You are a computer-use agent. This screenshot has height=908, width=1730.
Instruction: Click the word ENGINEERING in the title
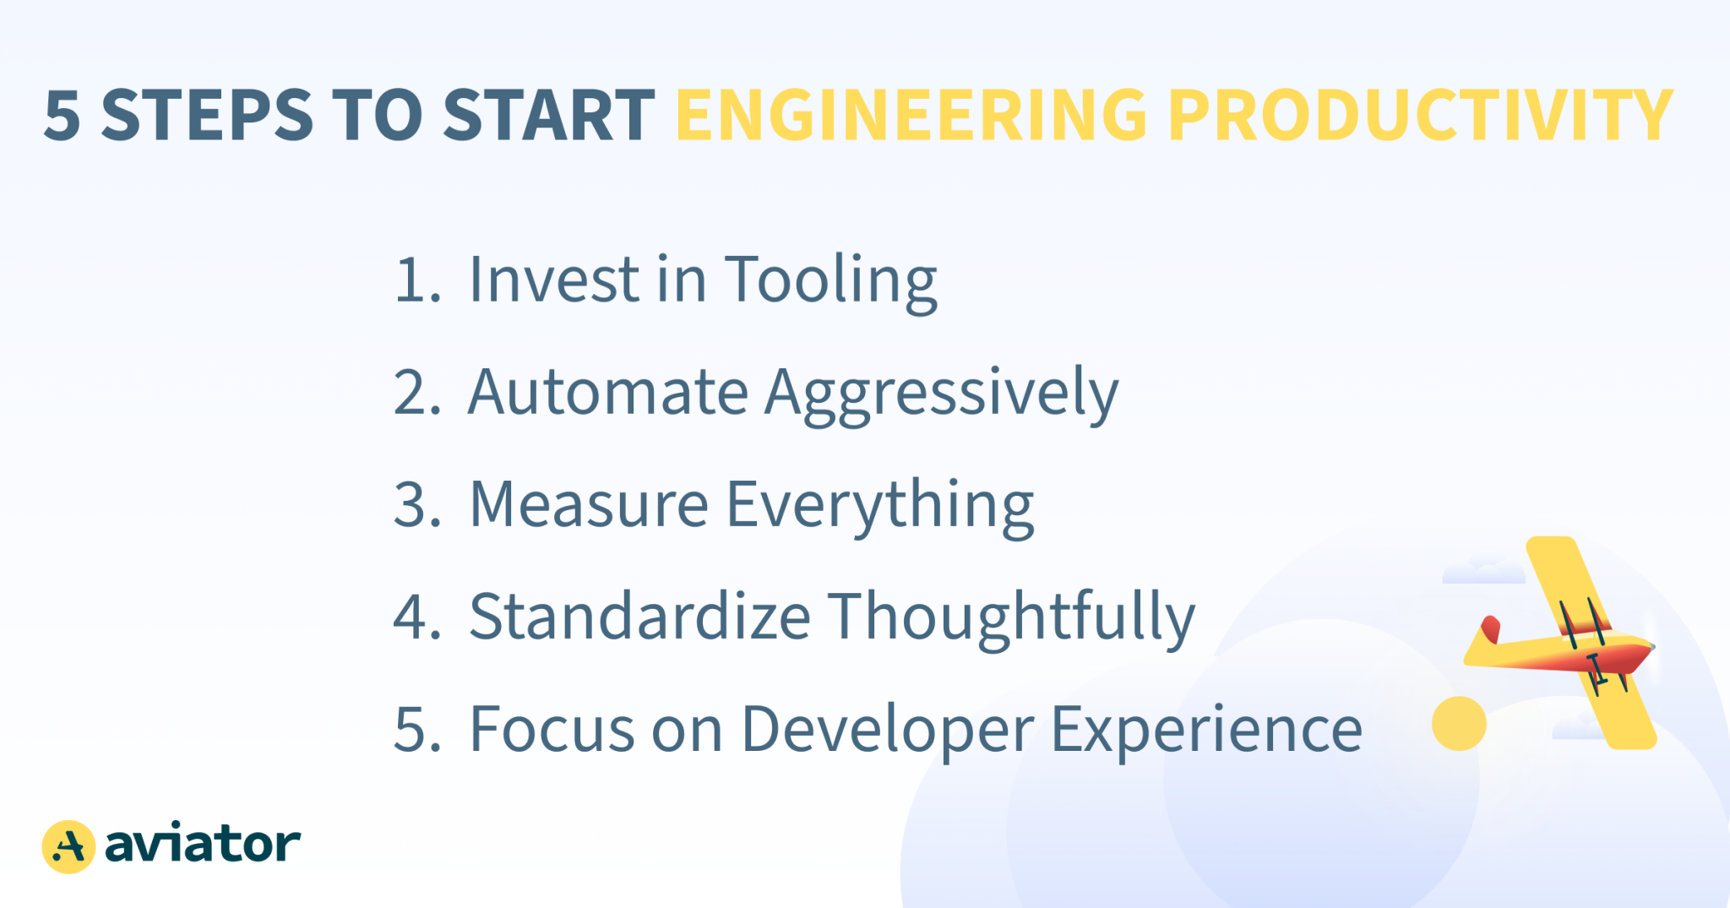tap(911, 115)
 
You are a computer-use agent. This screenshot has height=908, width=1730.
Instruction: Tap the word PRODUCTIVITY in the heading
tap(1419, 115)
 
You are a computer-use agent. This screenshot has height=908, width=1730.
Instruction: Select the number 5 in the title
tap(62, 116)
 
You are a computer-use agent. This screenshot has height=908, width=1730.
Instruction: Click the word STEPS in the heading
tap(207, 116)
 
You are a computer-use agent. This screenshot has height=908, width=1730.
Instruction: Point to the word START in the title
tap(548, 116)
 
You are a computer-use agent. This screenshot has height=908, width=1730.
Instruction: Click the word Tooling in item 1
tap(830, 280)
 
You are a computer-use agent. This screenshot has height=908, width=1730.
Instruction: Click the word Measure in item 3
tap(588, 504)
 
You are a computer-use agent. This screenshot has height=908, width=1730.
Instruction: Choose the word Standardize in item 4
tap(639, 617)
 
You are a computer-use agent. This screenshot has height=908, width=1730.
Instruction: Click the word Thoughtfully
tap(1010, 618)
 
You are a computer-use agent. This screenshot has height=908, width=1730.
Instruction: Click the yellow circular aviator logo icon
tap(68, 846)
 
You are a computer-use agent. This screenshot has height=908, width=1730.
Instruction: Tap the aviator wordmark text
tap(203, 844)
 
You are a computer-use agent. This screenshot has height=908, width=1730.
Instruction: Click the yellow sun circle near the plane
tap(1459, 723)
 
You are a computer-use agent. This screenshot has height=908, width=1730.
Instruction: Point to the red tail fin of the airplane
tap(1491, 629)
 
